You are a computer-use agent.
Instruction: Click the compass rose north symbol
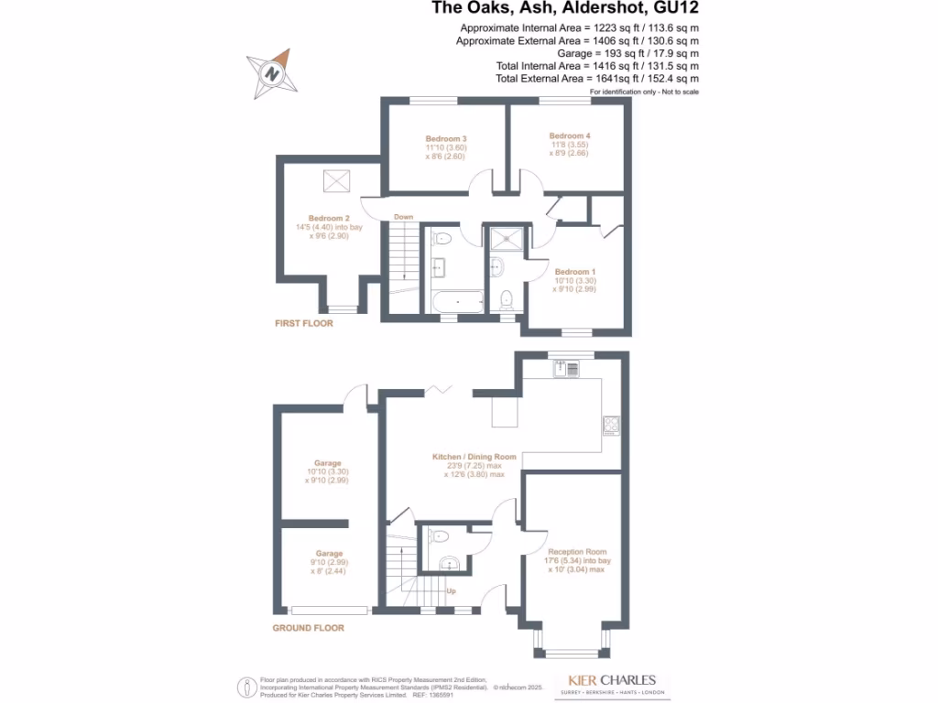click(x=271, y=72)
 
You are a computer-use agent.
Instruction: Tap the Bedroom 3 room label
click(x=446, y=138)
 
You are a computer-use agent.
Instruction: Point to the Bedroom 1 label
click(x=574, y=272)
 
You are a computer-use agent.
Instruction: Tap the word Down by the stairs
click(x=403, y=217)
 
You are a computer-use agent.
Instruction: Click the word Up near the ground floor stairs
click(x=451, y=591)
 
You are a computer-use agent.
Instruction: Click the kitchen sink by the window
click(x=566, y=369)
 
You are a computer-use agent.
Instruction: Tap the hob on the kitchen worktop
click(x=611, y=425)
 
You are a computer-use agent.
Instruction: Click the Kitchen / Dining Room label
click(x=474, y=457)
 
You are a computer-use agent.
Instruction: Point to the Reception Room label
click(x=577, y=552)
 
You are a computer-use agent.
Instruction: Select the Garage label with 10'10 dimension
click(x=328, y=463)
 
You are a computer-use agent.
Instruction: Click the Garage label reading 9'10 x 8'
click(x=329, y=554)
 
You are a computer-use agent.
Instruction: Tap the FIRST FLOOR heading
click(x=304, y=324)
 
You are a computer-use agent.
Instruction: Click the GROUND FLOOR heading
click(x=309, y=628)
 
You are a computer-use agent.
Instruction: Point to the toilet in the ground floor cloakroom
click(x=440, y=536)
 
